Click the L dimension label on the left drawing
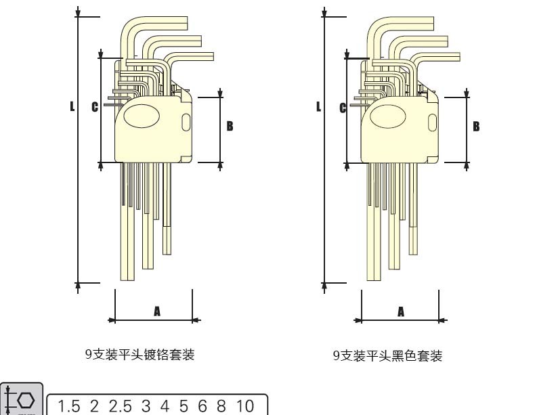72,106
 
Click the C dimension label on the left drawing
95,107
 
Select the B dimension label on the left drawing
230,126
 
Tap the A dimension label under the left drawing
157,311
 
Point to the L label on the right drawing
318,106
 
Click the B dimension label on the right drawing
476,127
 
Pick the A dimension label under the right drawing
401,311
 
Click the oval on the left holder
142,116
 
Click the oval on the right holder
387,116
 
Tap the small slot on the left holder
186,123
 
